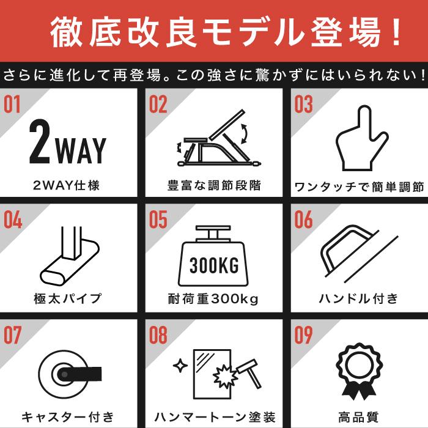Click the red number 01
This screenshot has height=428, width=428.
pos(12,105)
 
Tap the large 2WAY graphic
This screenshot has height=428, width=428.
pos(68,142)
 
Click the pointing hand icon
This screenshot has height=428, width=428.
pos(362,138)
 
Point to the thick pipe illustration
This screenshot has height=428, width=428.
pos(70,256)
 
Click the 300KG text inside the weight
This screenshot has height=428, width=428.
pos(214,265)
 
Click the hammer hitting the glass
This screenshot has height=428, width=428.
pos(249,373)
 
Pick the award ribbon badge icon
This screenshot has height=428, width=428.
pos(360,372)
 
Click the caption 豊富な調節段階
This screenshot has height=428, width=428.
pos(214,185)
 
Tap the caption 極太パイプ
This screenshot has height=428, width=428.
pos(67,298)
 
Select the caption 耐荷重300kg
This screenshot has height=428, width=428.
pos(213,299)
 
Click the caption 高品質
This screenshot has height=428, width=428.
pos(359,417)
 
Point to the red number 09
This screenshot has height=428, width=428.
pos(303,335)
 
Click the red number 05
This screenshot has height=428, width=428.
pos(158,220)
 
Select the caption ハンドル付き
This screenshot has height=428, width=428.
pos(359,298)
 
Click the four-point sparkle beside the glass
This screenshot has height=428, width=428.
pos(180,366)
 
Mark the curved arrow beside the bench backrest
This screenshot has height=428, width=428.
pos(245,133)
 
